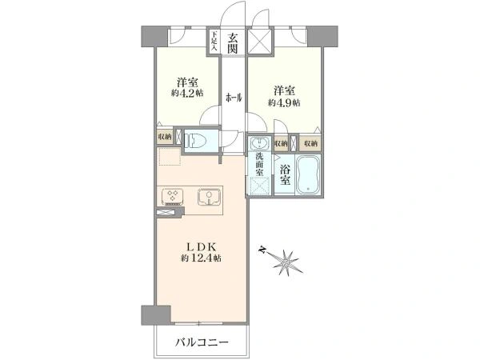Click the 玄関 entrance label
click(x=232, y=42)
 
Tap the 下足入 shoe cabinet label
click(x=214, y=42)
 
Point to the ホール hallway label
click(x=234, y=98)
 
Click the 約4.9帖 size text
click(x=284, y=102)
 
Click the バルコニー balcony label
click(x=203, y=343)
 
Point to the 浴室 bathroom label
click(x=285, y=176)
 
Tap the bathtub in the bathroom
click(x=309, y=174)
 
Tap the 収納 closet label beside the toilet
click(x=164, y=138)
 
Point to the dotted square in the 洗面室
click(x=260, y=186)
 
